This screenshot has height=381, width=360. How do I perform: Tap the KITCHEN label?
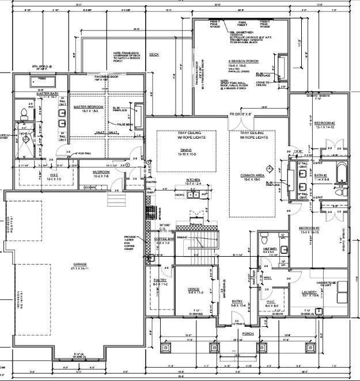pyautogui.click(x=193, y=180)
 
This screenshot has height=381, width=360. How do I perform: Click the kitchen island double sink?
pyautogui.click(x=193, y=195)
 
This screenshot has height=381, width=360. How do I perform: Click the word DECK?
pyautogui.click(x=154, y=55)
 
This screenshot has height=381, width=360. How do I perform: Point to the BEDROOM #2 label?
pyautogui.click(x=324, y=123)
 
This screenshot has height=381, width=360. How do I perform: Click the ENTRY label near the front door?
pyautogui.click(x=237, y=302)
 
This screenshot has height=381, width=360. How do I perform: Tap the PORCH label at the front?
pyautogui.click(x=248, y=333)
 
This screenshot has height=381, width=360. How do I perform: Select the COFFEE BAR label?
pyautogui.click(x=162, y=239)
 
